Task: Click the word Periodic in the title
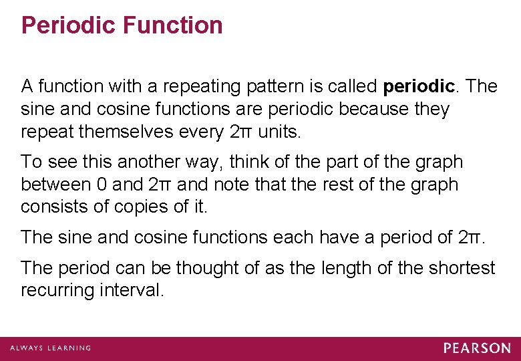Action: click(x=62, y=25)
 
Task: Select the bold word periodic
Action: click(x=419, y=86)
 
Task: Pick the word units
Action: click(x=279, y=132)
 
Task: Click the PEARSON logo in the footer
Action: click(x=477, y=348)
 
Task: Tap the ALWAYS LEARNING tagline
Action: click(x=50, y=348)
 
